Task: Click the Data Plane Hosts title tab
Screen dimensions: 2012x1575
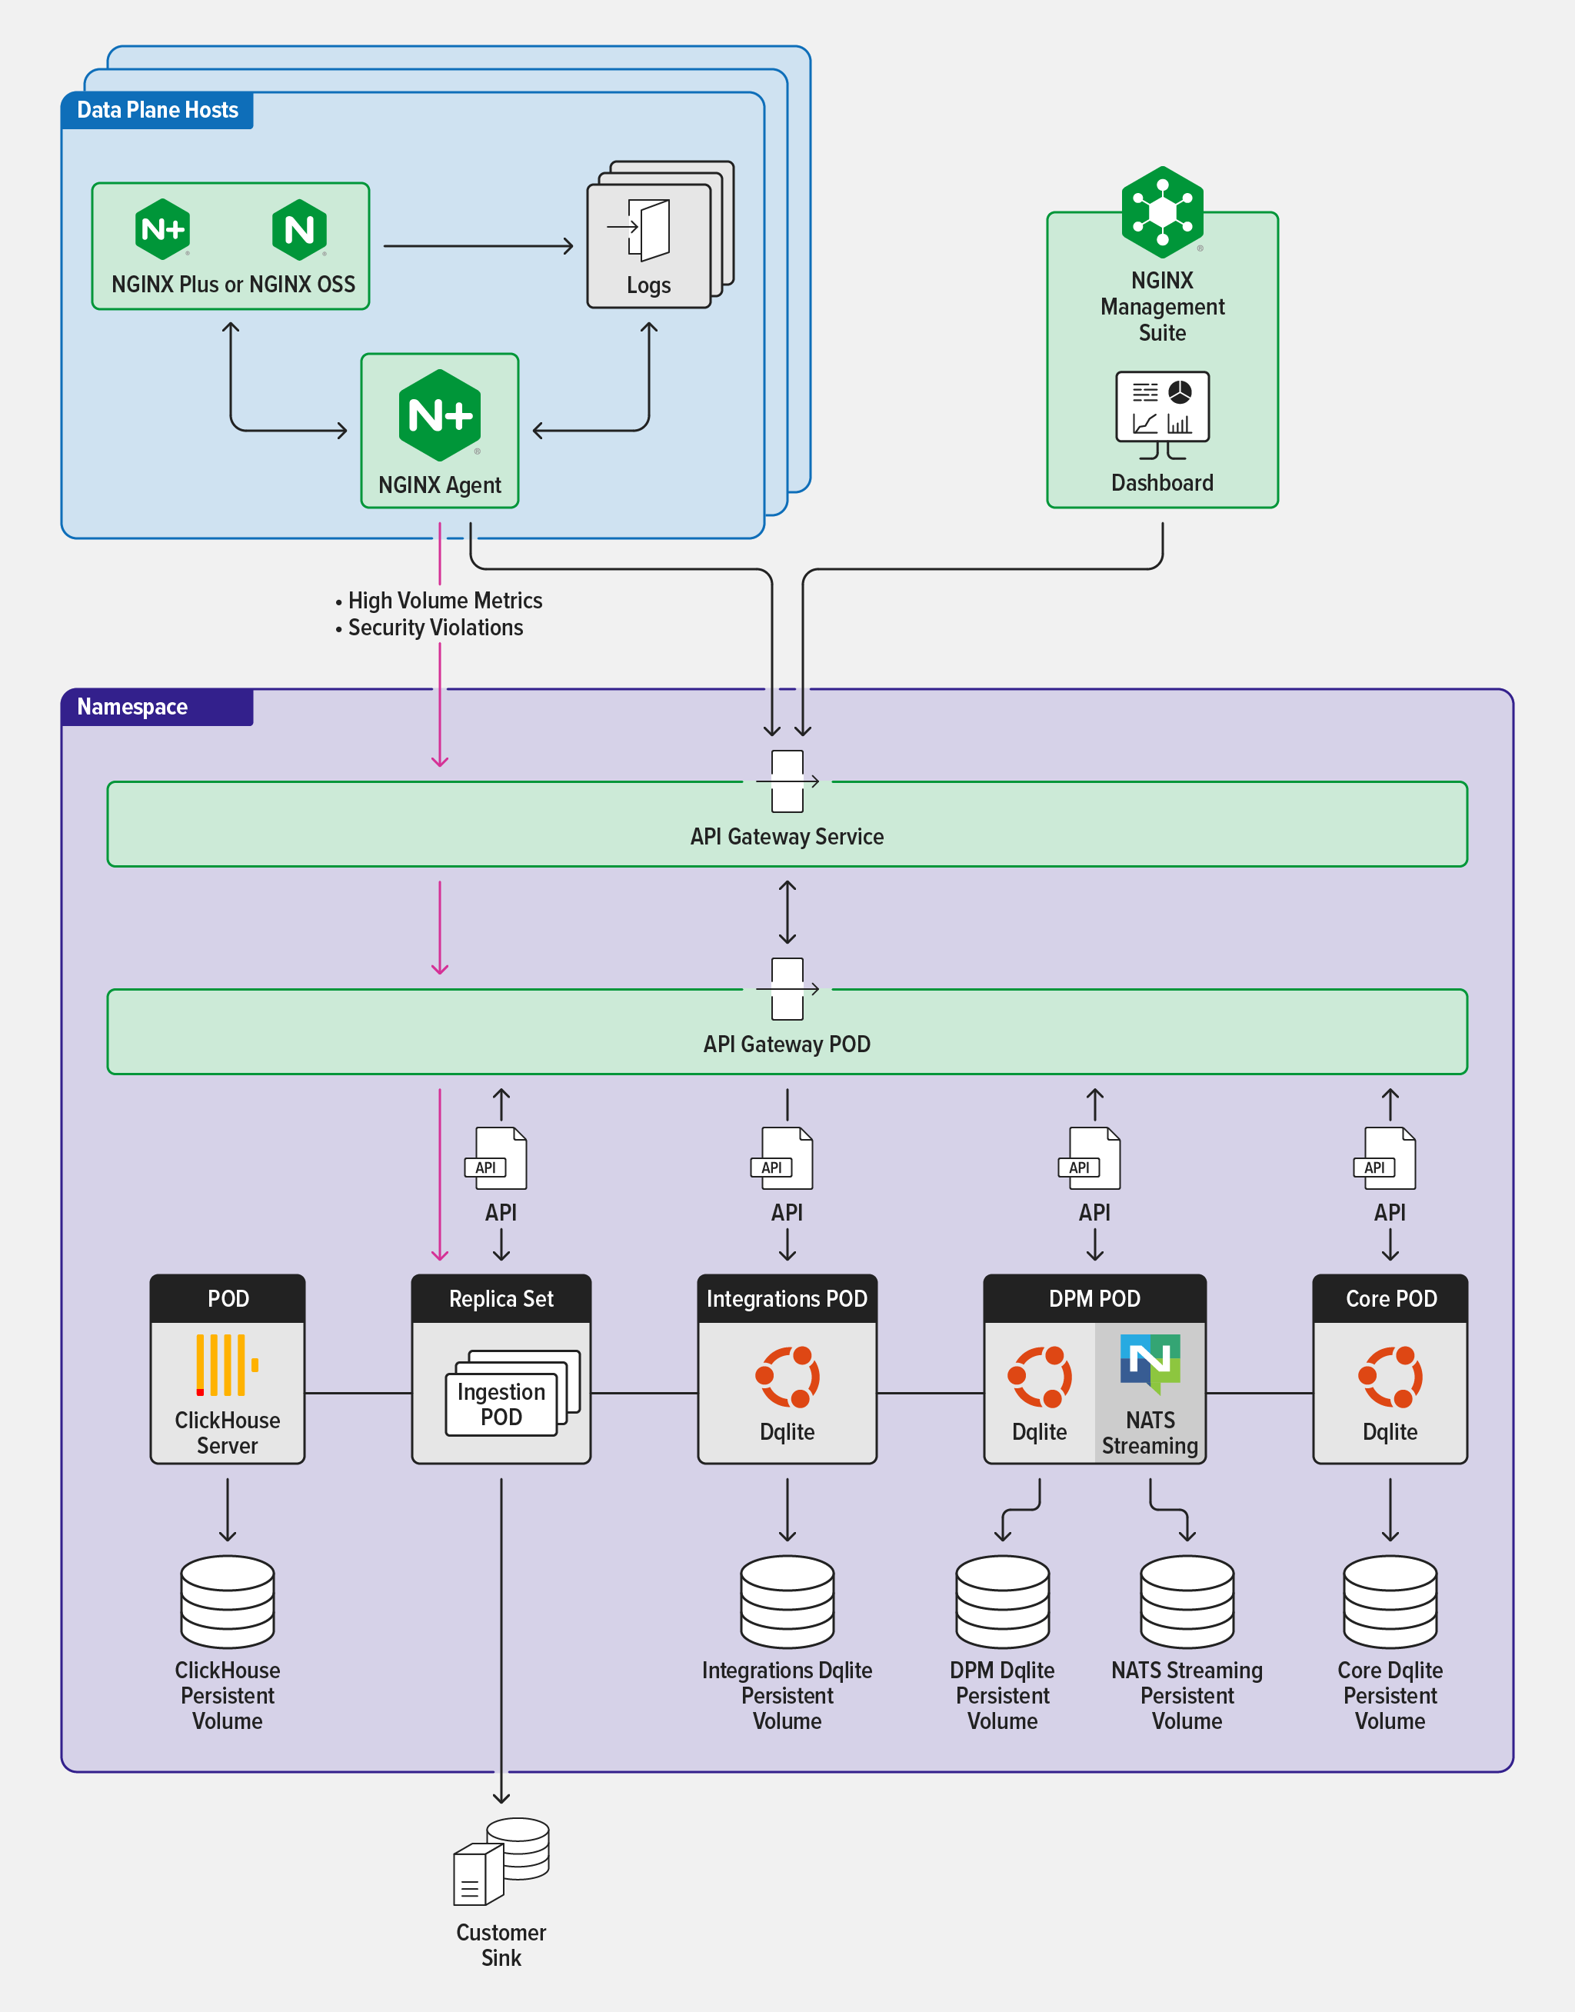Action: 157,110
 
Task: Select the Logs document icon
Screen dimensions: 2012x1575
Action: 649,231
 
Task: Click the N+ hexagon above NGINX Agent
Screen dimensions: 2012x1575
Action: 440,416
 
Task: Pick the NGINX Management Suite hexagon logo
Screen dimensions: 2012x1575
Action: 1162,212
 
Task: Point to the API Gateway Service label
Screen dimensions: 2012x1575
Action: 787,836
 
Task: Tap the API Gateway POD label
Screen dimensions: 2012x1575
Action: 787,1044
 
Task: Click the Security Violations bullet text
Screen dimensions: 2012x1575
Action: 435,628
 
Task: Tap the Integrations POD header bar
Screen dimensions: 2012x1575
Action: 787,1298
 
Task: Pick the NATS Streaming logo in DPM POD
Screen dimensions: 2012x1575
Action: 1150,1362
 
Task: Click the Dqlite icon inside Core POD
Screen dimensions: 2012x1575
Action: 1390,1377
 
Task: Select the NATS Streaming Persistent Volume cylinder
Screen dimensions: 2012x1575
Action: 1187,1601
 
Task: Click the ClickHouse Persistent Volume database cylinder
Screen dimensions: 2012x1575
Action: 227,1601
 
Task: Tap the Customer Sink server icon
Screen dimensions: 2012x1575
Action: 501,1860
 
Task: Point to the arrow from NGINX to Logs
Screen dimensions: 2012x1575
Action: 478,246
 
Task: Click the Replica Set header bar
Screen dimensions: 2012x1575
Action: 501,1298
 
